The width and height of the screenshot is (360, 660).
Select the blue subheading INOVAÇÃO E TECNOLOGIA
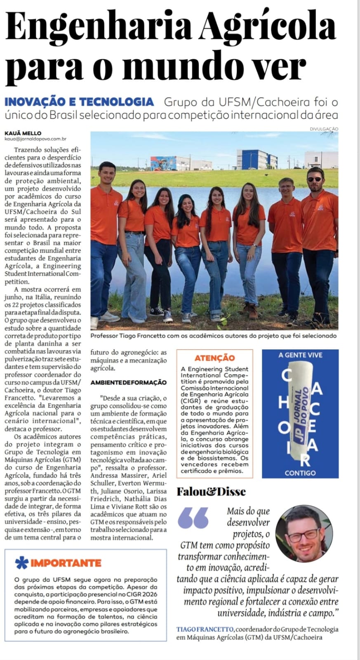[79, 102]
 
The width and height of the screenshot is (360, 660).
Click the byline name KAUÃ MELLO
[23, 133]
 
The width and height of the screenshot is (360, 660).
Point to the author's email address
[35, 139]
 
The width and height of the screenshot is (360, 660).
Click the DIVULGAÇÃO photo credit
[324, 129]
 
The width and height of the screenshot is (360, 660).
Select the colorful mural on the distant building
[164, 162]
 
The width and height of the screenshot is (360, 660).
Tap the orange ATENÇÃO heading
[214, 358]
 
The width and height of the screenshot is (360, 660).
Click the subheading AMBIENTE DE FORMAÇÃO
[129, 382]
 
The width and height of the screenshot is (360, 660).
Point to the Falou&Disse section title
[211, 491]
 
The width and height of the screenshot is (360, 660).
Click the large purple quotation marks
[194, 518]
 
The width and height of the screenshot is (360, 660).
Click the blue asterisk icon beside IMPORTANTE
[21, 563]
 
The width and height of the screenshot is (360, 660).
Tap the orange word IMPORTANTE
[66, 563]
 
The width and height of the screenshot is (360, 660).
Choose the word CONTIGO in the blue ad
[300, 473]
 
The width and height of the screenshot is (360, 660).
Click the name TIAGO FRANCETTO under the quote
[205, 629]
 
